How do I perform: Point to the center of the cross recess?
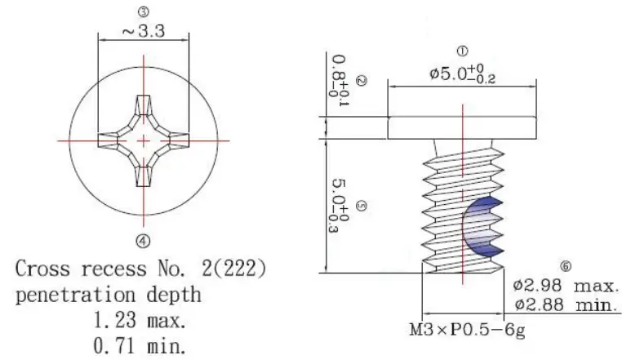click(x=144, y=141)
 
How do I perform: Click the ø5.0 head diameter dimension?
click(x=463, y=74)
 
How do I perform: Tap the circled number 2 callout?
click(x=362, y=81)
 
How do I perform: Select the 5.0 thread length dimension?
click(x=335, y=205)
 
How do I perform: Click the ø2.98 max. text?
click(x=566, y=287)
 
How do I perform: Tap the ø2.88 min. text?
click(x=566, y=305)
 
